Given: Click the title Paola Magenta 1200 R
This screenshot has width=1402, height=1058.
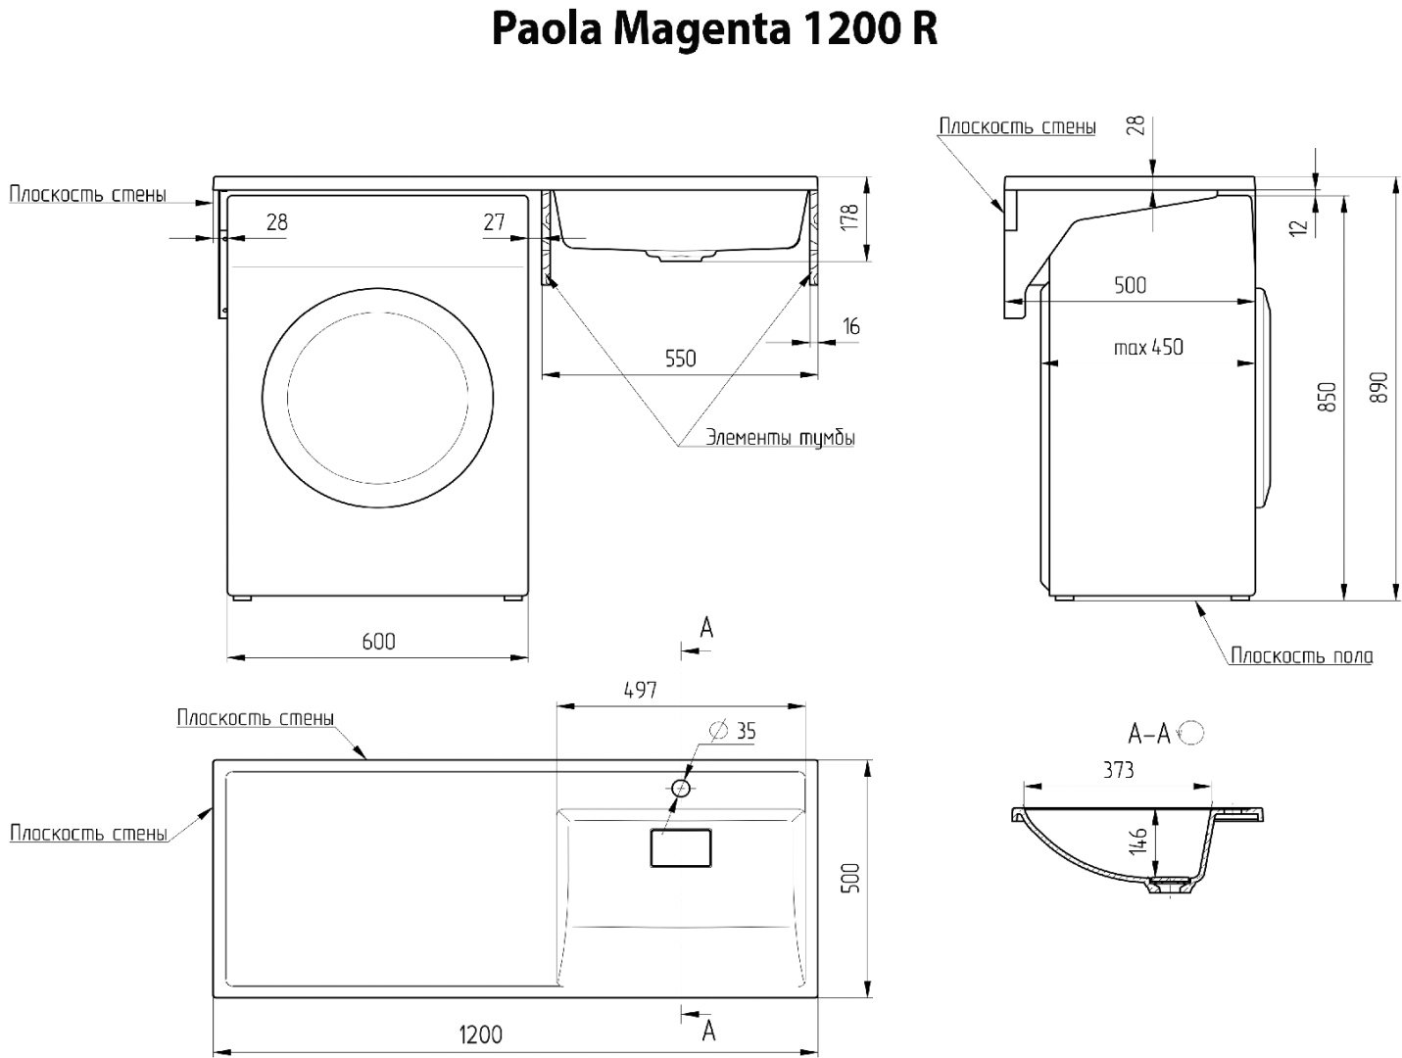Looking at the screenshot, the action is click(x=714, y=30).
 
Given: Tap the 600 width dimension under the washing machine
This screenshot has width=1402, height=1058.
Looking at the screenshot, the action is click(x=378, y=641).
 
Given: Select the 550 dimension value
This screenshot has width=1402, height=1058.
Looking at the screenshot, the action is click(x=680, y=359).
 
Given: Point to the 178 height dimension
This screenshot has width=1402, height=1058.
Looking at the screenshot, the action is click(x=849, y=217).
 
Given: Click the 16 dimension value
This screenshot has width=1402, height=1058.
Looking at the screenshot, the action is click(x=850, y=326).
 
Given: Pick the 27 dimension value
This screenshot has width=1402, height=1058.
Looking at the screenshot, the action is click(x=494, y=221).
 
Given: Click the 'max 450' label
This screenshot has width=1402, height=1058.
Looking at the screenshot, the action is click(x=1148, y=347).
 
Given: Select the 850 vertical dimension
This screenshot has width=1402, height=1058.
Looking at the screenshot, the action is click(x=1327, y=396).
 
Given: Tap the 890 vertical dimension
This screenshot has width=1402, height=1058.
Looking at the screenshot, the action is click(x=1378, y=386).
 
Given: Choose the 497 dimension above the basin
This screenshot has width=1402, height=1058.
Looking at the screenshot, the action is click(x=640, y=690).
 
